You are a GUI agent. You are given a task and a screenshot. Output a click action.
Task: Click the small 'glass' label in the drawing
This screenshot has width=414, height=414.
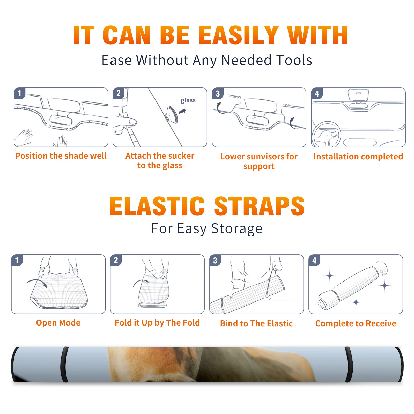[x=188, y=100]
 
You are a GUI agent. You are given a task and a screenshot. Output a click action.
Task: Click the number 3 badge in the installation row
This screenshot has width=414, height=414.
[x=218, y=93]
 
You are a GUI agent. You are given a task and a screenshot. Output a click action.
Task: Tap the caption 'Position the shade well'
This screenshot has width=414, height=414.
[x=61, y=156]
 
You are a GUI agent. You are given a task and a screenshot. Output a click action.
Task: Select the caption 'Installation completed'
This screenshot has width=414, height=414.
[x=358, y=157]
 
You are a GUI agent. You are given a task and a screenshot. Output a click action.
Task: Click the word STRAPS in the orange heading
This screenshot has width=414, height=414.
[x=259, y=206]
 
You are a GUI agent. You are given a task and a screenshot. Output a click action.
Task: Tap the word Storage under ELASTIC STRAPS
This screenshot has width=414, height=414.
[x=237, y=229]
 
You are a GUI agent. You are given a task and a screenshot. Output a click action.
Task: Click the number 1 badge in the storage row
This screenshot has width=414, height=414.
[x=17, y=260]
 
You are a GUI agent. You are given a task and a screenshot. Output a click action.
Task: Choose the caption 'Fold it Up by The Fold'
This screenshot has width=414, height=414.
[x=157, y=323]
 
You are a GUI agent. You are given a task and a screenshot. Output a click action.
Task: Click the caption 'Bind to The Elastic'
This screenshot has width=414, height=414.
[x=256, y=323]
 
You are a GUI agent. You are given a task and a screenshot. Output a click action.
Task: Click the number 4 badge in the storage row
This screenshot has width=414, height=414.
[x=314, y=260]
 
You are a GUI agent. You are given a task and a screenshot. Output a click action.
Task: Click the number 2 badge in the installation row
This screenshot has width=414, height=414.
[x=119, y=93]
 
